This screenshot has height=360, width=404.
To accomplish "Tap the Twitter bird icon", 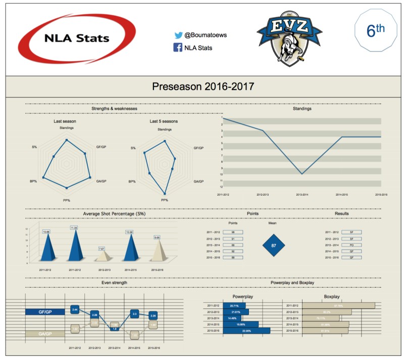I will (178, 35).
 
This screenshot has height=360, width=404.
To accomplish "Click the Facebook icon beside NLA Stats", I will (178, 48).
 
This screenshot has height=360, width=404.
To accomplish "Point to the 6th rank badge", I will (375, 31).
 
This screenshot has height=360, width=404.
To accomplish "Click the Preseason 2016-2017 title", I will (203, 86).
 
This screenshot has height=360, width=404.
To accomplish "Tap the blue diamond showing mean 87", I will (274, 246).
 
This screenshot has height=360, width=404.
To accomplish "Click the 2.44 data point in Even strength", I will (75, 309).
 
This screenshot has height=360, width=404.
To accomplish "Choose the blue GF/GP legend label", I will (45, 312).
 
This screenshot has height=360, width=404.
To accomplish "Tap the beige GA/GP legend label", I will (45, 334).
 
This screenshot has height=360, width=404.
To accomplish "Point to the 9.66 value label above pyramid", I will (157, 237).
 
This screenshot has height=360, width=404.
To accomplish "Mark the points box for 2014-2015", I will (233, 251).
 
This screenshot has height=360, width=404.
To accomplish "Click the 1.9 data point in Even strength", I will (115, 329).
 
